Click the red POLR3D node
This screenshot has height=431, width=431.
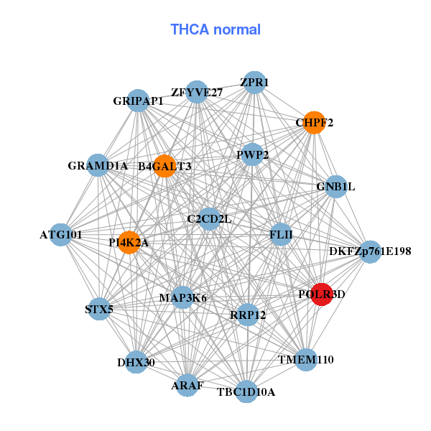pos(321,294)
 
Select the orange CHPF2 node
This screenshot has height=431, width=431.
pos(313,122)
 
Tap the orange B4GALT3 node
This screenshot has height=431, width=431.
pos(164,166)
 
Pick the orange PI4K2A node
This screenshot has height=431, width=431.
pos(129,242)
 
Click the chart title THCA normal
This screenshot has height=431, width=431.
pos(215,29)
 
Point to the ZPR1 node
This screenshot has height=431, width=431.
pos(254,83)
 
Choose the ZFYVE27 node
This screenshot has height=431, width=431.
pos(197,92)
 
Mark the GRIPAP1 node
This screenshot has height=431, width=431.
pos(138,101)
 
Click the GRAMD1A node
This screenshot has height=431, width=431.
pos(98,165)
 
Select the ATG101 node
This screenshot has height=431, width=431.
pos(60,234)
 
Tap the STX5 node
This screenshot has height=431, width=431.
pos(98,310)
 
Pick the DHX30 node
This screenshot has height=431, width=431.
pos(136,361)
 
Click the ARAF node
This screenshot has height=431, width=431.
pos(187,385)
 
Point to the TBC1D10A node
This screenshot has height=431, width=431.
pos(246,391)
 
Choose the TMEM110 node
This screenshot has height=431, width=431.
pos(306,359)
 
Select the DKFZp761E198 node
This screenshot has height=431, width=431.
pos(370,251)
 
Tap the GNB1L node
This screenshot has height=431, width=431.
pos(335,187)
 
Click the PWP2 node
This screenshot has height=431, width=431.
pos(252,154)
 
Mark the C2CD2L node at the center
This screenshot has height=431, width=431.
pos(209,218)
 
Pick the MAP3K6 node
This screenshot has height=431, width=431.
pos(182,297)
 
